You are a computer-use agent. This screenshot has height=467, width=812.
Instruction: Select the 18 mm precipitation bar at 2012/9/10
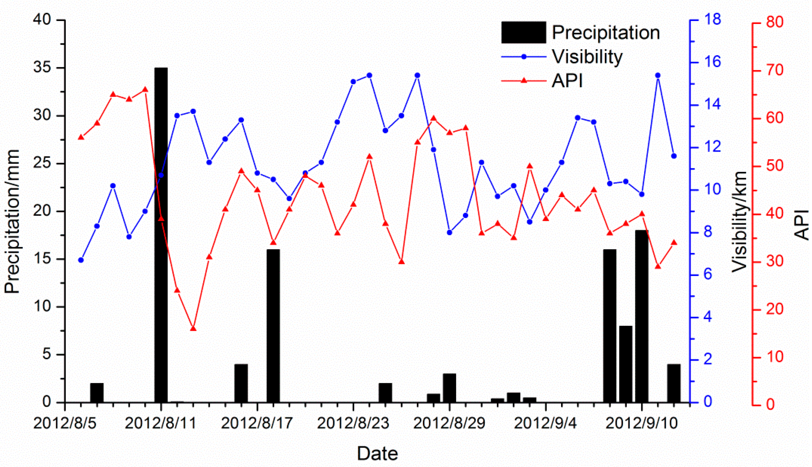tap(642, 316)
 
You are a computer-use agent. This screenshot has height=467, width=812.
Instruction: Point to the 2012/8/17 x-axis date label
tap(257, 423)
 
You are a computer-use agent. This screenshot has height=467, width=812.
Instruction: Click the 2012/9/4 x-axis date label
tap(545, 423)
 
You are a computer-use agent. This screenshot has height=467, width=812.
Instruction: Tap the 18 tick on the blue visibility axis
tap(712, 20)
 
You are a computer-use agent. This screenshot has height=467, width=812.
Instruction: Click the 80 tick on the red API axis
tap(774, 23)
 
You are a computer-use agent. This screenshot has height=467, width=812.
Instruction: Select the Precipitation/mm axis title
tap(12, 221)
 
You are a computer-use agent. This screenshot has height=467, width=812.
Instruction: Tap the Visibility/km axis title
tap(739, 221)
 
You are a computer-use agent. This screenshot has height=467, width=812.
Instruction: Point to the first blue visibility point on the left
tap(81, 260)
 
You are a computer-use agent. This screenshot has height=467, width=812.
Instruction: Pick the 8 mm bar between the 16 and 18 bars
tap(626, 364)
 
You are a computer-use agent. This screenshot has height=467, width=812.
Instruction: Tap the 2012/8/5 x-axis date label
tap(65, 423)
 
